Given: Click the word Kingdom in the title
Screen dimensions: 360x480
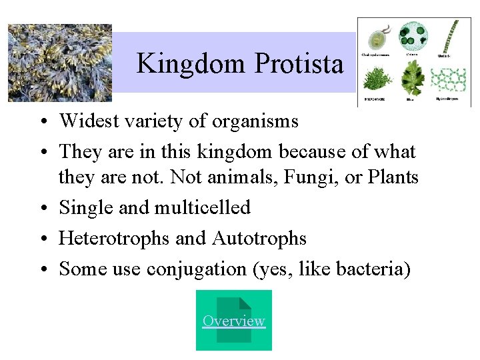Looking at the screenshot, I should (191, 64).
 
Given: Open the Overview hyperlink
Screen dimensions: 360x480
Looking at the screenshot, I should (233, 321).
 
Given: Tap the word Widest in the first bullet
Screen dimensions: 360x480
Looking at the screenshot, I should (85, 121).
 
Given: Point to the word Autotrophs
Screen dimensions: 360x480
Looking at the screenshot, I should (259, 238).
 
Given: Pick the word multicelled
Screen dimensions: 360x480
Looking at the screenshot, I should (203, 207).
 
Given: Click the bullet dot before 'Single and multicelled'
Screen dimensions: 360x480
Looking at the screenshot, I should (42, 208).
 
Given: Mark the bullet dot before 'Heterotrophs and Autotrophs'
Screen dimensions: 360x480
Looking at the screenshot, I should (42, 239).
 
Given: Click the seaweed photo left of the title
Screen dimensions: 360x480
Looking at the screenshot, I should (59, 63).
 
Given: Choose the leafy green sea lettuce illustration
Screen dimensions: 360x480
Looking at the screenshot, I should (413, 81).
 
